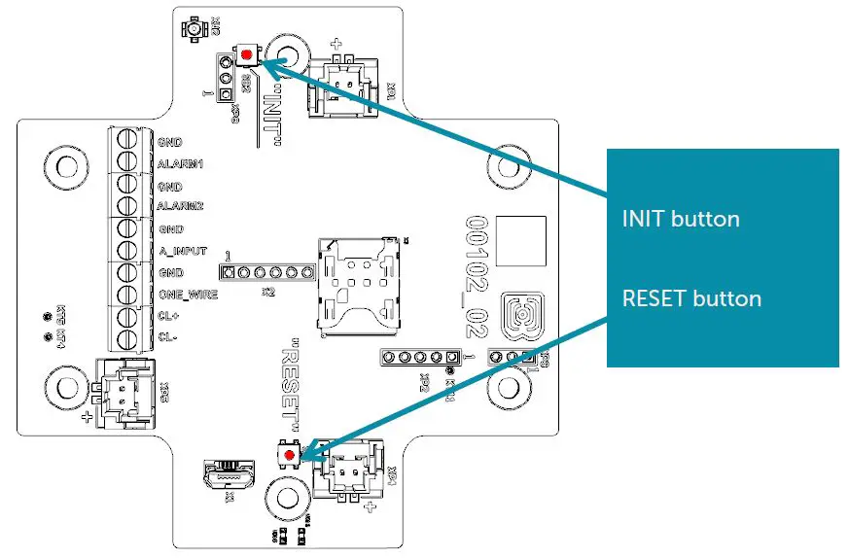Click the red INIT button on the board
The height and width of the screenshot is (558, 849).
[x=248, y=55]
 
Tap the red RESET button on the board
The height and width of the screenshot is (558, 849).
[x=289, y=454]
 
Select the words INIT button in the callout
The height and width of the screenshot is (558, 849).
[x=681, y=218]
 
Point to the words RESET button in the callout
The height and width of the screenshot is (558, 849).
[x=691, y=297]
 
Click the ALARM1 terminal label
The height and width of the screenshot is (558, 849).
[x=181, y=163]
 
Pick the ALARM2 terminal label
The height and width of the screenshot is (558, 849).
[x=181, y=206]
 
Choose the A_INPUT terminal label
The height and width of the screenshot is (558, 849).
[x=182, y=250]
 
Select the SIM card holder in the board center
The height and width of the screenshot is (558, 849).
[x=357, y=282]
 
